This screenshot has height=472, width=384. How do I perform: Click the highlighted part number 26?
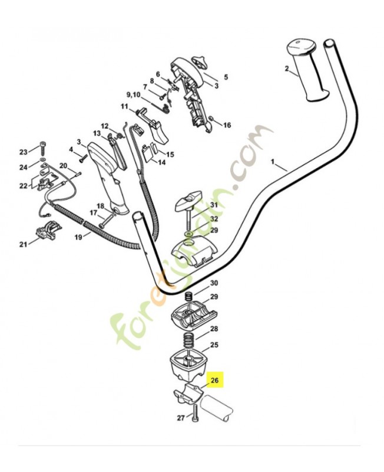(x=214, y=380)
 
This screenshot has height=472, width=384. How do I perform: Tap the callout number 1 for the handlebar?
(x=273, y=162)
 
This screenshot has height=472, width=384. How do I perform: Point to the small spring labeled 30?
(x=188, y=296)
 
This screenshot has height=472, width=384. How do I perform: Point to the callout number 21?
(x=24, y=244)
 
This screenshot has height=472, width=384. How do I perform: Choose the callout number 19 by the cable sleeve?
(x=78, y=238)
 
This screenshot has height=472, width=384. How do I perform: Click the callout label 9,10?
(x=134, y=95)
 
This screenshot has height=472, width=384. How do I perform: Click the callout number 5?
(x=226, y=77)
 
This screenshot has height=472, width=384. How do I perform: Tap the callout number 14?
(x=162, y=163)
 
